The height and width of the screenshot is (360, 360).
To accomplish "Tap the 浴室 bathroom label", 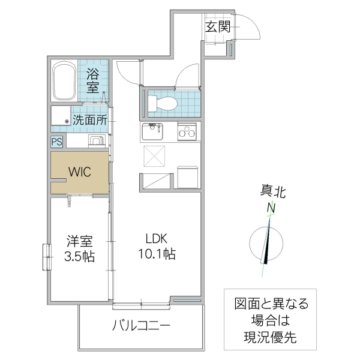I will point(93,81).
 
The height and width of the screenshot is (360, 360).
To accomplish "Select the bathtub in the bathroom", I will point(64,83).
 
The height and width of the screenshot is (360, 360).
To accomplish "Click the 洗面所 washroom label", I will point(90,119).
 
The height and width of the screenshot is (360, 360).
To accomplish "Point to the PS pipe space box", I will point(56,142).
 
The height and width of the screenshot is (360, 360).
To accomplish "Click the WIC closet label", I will point(79,172).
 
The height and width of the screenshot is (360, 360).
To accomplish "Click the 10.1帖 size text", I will point(154,254).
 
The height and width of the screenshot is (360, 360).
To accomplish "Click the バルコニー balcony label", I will point(142,326).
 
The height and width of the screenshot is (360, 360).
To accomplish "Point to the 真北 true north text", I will point(272,192).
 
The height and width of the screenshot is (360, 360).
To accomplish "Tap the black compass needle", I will point(267,246).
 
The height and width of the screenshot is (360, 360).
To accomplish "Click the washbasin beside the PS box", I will point(96,141).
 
